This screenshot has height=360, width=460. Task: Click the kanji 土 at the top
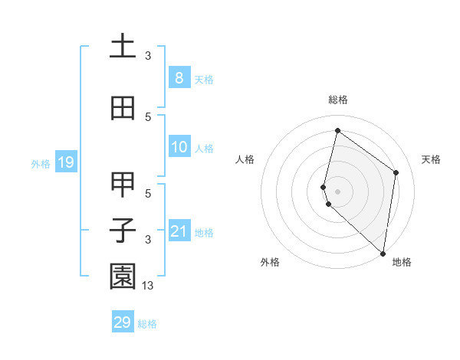pyautogui.click(x=123, y=45)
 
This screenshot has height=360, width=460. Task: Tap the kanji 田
pyautogui.click(x=123, y=108)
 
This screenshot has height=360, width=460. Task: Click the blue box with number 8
pyautogui.click(x=179, y=78)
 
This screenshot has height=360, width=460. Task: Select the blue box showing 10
pyautogui.click(x=179, y=147)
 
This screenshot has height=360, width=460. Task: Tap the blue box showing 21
pyautogui.click(x=179, y=231)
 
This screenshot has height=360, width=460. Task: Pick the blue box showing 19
pyautogui.click(x=65, y=162)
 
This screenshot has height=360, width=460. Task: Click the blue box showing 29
pyautogui.click(x=123, y=322)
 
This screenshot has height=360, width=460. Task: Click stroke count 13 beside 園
pyautogui.click(x=148, y=286)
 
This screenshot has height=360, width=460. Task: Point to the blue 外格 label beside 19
pyautogui.click(x=41, y=163)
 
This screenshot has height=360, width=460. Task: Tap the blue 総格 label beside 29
pyautogui.click(x=147, y=324)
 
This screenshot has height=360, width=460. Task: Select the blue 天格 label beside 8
pyautogui.click(x=204, y=80)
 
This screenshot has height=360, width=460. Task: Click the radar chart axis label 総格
pyautogui.click(x=337, y=100)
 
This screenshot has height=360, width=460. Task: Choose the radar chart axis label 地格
pyautogui.click(x=402, y=263)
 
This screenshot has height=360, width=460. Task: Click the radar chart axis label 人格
pyautogui.click(x=245, y=159)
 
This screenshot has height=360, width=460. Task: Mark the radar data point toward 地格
pyautogui.click(x=383, y=253)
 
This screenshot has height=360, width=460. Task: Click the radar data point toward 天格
pyautogui.click(x=396, y=172)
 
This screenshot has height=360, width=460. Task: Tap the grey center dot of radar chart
pyautogui.click(x=337, y=191)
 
